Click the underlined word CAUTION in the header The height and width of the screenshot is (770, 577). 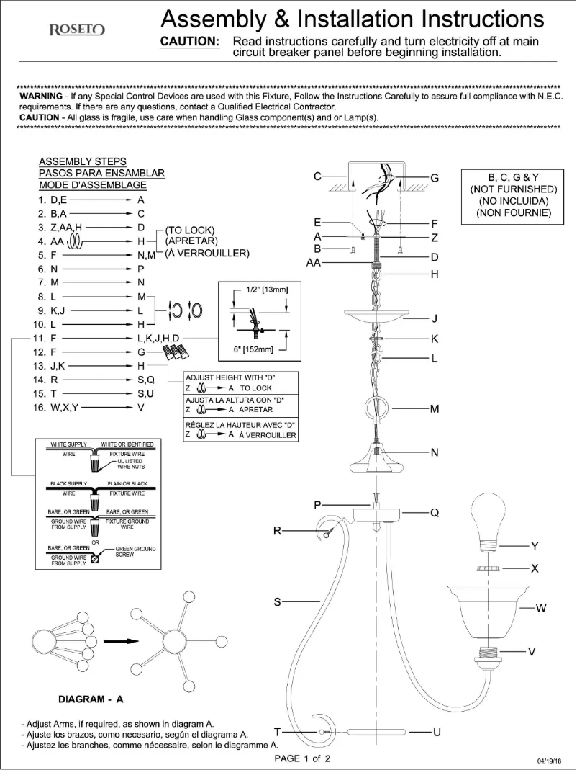[x=189, y=42]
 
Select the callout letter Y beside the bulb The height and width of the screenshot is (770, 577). [x=535, y=545]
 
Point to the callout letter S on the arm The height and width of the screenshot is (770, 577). [x=277, y=602]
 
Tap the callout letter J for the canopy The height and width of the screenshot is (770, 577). [x=435, y=318]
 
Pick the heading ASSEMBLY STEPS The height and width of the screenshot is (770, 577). [x=82, y=161]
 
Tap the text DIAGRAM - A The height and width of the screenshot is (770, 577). [x=90, y=699]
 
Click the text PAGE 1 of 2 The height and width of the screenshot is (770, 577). [x=303, y=758]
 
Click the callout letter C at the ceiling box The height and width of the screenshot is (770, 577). [x=317, y=176]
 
